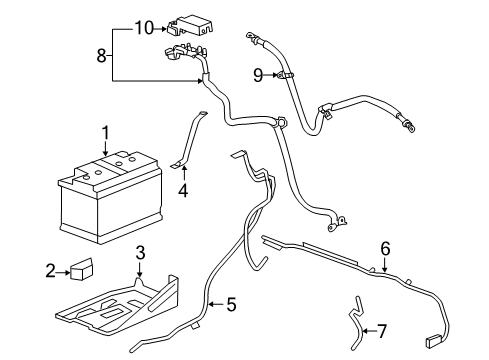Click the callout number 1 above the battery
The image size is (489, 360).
105,132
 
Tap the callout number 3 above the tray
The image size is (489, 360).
141,251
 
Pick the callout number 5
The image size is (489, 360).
231,303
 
